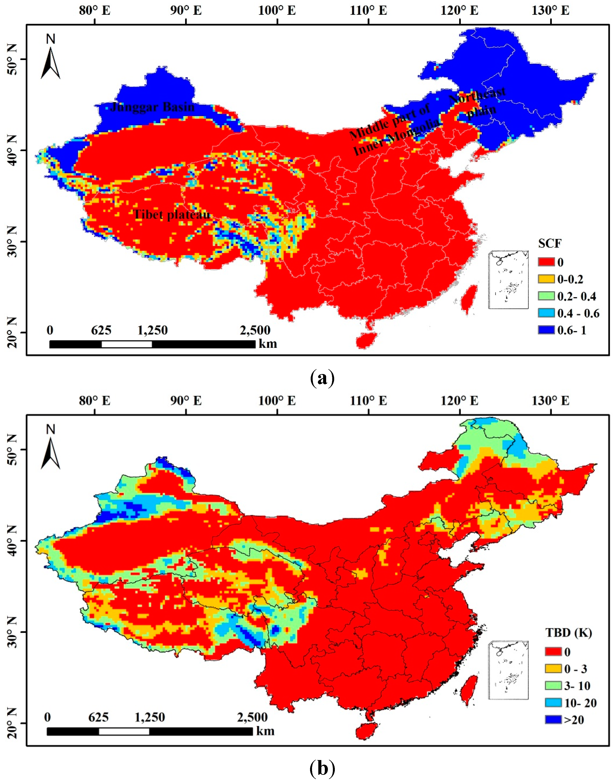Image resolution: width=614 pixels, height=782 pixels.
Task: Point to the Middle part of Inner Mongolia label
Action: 394,129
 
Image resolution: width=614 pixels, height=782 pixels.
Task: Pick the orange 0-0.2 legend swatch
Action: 546,279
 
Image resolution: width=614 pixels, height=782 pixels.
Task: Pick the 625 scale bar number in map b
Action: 98,717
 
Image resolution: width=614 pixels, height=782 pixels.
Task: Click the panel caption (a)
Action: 322,378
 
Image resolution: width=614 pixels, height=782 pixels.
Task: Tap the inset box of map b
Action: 508,670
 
